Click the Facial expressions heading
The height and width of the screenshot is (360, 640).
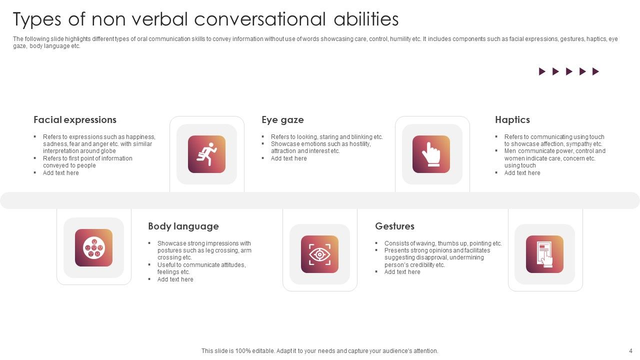[x=75, y=120]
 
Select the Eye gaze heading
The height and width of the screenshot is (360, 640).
[x=282, y=120]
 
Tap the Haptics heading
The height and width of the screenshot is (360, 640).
[x=512, y=120]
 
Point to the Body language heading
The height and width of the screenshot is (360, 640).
[x=183, y=226]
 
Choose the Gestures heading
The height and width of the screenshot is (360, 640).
[x=394, y=226]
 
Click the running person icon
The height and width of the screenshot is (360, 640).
[x=206, y=154]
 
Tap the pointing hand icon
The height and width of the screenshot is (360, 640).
[x=431, y=154]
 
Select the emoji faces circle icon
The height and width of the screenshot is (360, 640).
[x=93, y=247]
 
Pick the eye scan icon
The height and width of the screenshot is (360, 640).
[x=319, y=254]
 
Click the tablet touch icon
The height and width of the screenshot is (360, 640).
[x=544, y=254]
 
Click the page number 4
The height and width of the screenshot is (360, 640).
[x=630, y=351]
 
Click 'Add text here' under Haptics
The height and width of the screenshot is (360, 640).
[x=522, y=173]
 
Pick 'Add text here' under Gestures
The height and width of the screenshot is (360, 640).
[x=402, y=272]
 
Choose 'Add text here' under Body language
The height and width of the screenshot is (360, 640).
[x=175, y=279]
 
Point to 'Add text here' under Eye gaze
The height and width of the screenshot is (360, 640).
[x=288, y=158]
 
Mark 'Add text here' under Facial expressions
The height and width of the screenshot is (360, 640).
[x=60, y=173]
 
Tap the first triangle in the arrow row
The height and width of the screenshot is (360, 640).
[x=542, y=71]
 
